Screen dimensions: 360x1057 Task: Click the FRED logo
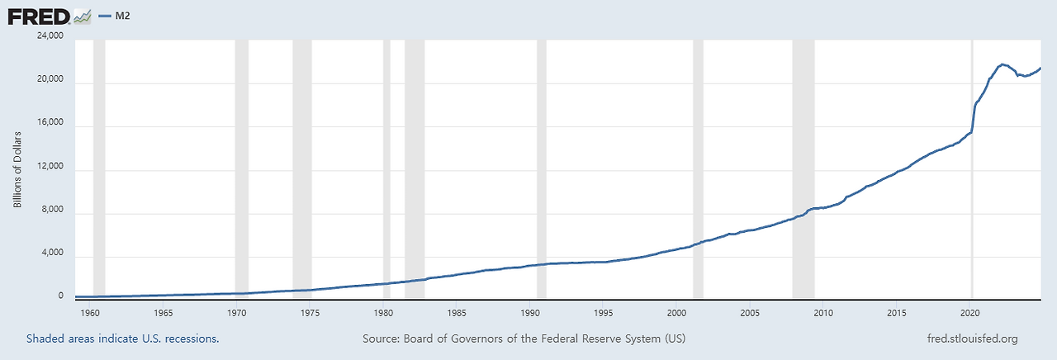coord(49,15)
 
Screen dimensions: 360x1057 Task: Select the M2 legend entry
coord(115,16)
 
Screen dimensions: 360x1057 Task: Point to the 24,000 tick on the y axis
coord(49,36)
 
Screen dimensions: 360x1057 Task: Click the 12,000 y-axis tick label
coord(49,170)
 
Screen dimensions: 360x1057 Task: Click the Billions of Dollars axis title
coord(17,168)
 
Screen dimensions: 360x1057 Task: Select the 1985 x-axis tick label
coord(456,314)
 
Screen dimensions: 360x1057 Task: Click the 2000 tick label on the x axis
coord(676,314)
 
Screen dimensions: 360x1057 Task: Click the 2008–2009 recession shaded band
coord(803,165)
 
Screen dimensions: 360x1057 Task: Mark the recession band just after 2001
coord(698,165)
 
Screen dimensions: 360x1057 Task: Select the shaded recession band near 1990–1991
coord(542,165)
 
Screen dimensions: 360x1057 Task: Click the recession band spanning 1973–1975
coord(302,165)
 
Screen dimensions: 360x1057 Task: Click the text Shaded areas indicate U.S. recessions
coord(122,339)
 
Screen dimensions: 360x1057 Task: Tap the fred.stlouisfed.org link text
coord(973,339)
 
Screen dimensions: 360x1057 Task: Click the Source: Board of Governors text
coord(524,339)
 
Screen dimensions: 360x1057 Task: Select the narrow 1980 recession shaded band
coord(386,165)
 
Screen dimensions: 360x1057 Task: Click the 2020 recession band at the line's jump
coord(973,165)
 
